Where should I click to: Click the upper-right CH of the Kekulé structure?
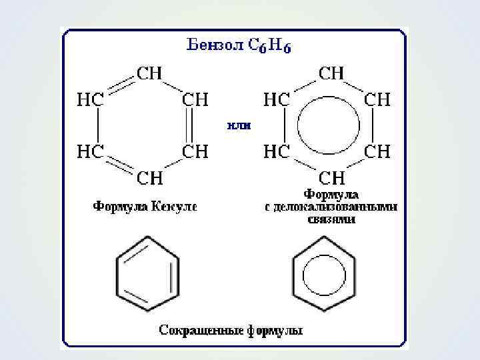(x=195, y=99)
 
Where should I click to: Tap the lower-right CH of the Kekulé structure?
(x=195, y=151)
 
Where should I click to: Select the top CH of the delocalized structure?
(x=331, y=73)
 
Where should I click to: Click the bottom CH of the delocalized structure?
(x=331, y=177)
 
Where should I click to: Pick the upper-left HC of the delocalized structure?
(x=276, y=99)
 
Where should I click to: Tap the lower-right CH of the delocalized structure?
(x=377, y=151)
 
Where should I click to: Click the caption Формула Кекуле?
(x=145, y=206)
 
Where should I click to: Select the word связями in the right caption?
(x=331, y=219)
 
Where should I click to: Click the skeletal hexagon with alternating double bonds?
(x=147, y=273)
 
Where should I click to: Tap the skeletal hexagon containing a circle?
(x=325, y=273)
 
